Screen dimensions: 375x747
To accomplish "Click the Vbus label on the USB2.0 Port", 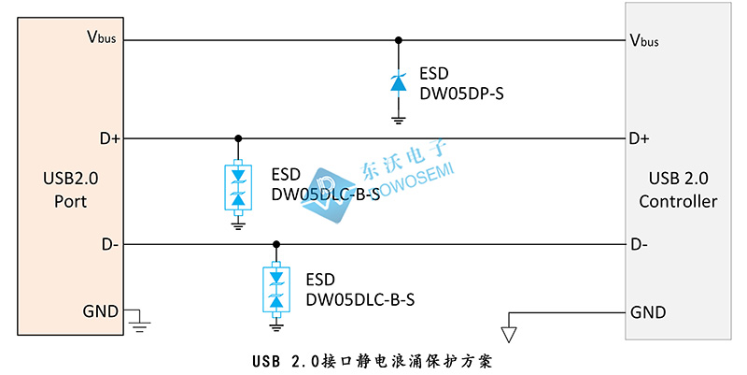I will [x=101, y=38].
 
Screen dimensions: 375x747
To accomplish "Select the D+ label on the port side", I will [x=109, y=138].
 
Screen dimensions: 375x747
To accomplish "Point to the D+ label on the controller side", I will [x=640, y=138].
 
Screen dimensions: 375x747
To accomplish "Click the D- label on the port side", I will [x=109, y=244].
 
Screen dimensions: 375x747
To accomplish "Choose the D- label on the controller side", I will [x=639, y=244].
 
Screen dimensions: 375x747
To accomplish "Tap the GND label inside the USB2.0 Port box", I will [x=101, y=311].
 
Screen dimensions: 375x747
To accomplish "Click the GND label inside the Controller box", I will [x=649, y=311].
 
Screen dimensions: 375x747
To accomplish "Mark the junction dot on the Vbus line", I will [x=399, y=40].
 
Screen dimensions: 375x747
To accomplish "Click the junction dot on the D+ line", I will [x=238, y=138].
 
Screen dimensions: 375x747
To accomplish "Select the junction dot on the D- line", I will [x=275, y=244].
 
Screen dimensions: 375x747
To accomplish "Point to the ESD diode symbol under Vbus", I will [x=399, y=84].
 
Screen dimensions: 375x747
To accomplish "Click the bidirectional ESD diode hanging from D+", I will [x=238, y=186].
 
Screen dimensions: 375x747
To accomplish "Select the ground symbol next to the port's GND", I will [x=140, y=324].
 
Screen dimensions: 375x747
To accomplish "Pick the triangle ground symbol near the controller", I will [x=508, y=332].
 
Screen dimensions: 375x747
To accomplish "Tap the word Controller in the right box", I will [x=678, y=201].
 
